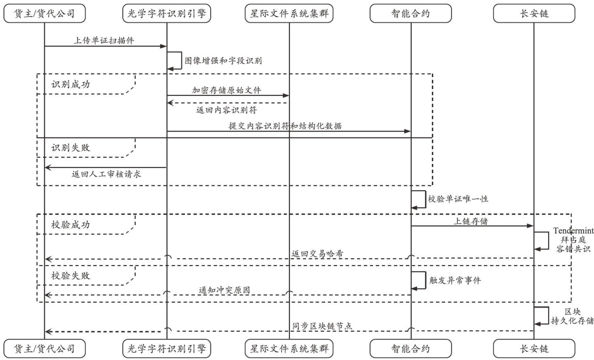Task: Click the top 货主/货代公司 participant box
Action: [x=44, y=14]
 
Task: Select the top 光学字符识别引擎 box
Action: [x=167, y=14]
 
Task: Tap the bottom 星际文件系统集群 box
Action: [x=289, y=348]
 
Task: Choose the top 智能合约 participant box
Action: [x=411, y=14]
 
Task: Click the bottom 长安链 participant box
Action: [x=534, y=348]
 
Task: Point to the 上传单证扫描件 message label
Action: [x=104, y=40]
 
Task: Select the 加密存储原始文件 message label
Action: [x=227, y=90]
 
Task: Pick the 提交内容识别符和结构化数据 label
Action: [x=285, y=126]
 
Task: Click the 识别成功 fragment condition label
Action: [x=71, y=84]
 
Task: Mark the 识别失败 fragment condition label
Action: [x=71, y=147]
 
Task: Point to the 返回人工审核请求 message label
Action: [x=107, y=174]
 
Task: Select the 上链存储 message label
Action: [x=472, y=221]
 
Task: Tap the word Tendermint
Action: [x=573, y=231]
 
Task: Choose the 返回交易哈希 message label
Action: [x=317, y=254]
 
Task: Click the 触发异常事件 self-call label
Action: [x=455, y=280]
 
